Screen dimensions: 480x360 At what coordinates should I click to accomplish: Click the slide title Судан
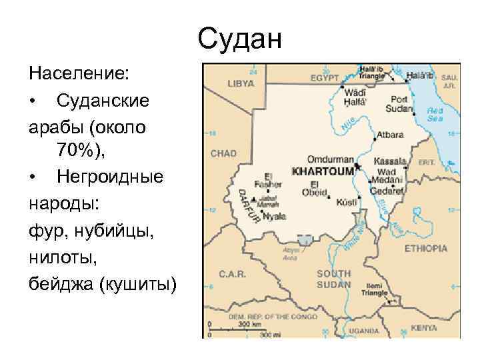(x=240, y=38)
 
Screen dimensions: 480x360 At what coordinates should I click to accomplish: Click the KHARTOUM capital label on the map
(x=322, y=171)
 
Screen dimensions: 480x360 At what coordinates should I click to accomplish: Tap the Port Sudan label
(x=400, y=104)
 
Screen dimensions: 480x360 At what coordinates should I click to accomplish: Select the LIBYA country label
(x=241, y=84)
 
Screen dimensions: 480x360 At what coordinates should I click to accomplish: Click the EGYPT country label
(x=325, y=78)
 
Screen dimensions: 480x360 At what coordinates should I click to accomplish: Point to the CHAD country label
(x=223, y=153)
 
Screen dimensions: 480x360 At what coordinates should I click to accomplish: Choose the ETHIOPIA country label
(x=425, y=248)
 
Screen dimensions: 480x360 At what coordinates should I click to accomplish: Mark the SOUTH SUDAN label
(x=333, y=279)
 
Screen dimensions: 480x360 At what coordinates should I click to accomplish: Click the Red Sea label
(x=435, y=115)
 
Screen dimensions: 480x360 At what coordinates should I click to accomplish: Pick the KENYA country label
(x=423, y=328)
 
